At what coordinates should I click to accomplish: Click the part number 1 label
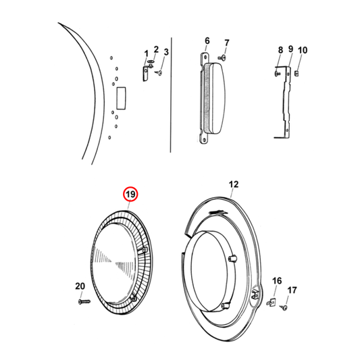point(145,53)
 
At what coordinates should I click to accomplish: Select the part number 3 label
point(166,53)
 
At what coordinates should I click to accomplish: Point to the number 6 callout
point(207,41)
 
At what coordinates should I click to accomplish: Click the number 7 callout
point(227,43)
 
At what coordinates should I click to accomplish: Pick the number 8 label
point(280,50)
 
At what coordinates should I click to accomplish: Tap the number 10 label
point(303,50)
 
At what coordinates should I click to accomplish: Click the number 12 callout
point(234,184)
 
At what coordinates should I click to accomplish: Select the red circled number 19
point(130,195)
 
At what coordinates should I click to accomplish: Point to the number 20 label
point(79,286)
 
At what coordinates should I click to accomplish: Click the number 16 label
point(277,280)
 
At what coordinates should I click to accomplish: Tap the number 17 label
point(292,290)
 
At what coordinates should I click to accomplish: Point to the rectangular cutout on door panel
point(122,98)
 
